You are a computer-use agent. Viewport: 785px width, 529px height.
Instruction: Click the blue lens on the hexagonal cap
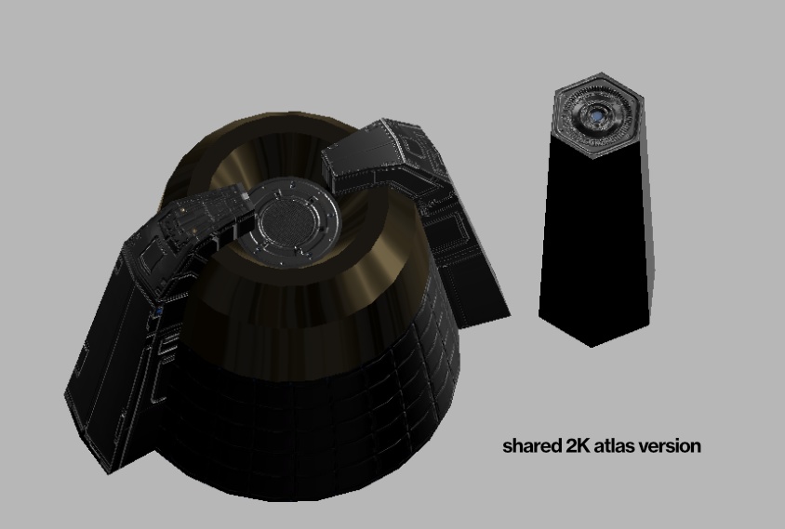(x=597, y=116)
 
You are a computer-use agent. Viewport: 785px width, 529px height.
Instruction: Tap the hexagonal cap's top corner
(x=600, y=73)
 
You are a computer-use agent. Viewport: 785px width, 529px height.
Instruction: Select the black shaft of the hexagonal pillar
(x=594, y=235)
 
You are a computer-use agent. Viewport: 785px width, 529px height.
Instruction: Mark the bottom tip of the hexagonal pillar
(x=592, y=347)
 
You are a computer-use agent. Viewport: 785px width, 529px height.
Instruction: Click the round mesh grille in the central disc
(x=290, y=223)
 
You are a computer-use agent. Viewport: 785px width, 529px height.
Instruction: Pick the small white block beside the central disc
(x=245, y=195)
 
